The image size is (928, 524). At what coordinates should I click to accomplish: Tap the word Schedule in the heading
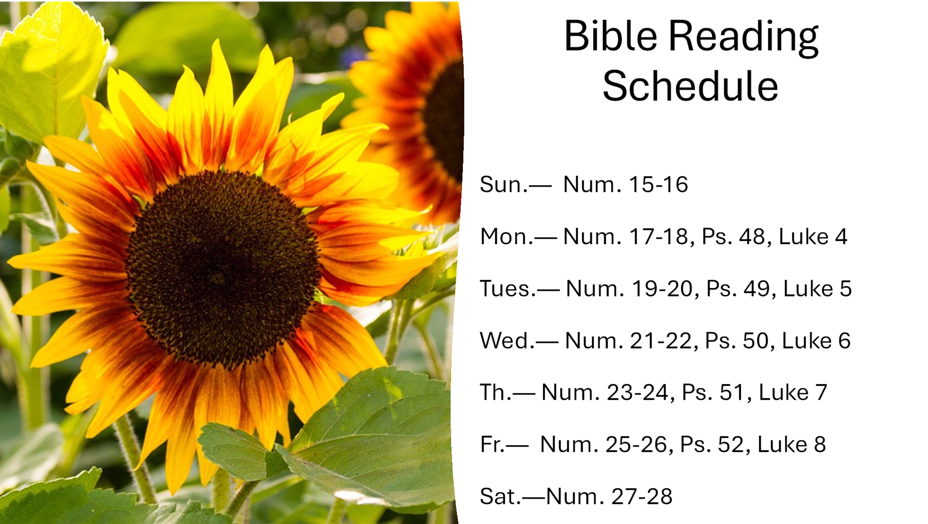(690, 86)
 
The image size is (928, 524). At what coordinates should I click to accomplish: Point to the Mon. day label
(507, 237)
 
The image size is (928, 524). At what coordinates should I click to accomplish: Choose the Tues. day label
(508, 289)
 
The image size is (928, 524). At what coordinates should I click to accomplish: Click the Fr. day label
(492, 444)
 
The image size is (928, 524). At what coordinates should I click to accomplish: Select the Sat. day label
(501, 496)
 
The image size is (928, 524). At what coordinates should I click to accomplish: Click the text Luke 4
(813, 237)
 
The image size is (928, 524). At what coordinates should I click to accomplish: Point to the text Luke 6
(816, 341)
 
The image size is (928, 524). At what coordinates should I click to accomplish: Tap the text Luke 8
(792, 444)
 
